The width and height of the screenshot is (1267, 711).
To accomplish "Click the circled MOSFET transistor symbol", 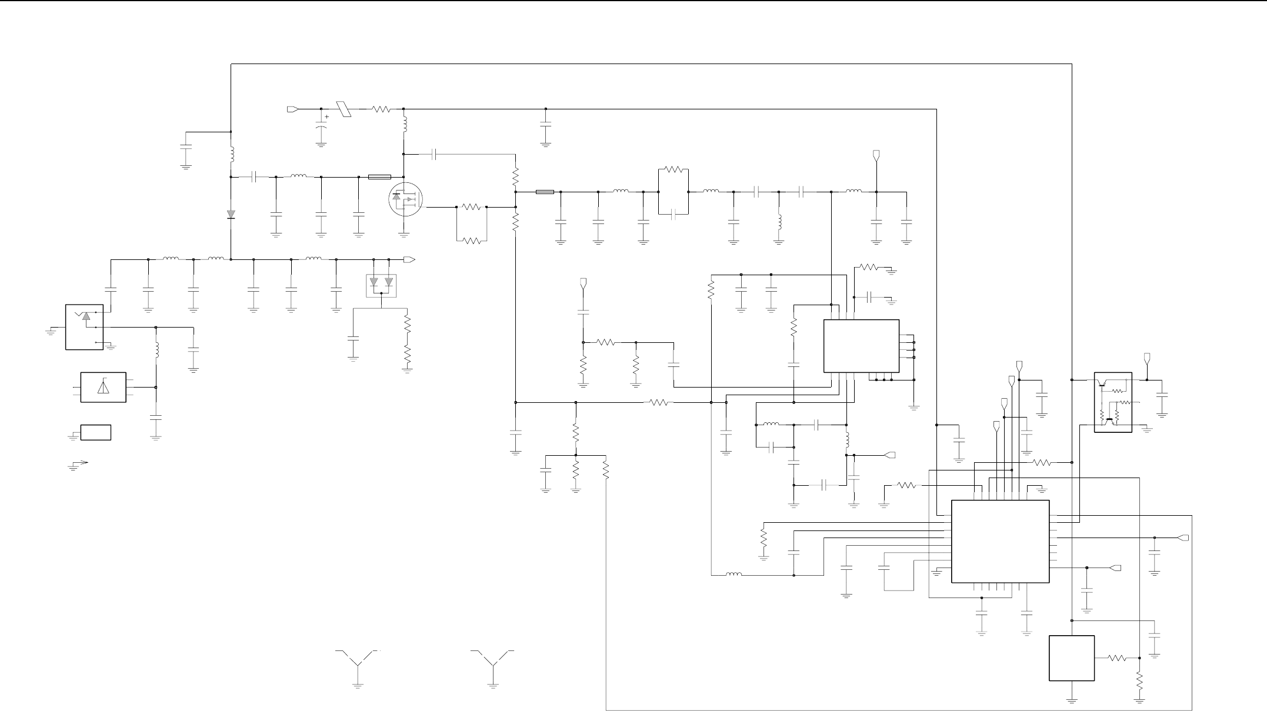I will click(405, 200).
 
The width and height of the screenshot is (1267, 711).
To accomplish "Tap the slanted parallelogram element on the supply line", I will click(343, 109).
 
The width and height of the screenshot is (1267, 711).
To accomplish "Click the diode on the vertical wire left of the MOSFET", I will click(231, 214).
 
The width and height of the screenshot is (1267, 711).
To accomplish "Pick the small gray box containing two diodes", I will click(381, 285).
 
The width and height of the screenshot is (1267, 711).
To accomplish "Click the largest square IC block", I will click(1000, 541).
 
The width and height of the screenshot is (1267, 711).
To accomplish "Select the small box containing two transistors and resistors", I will click(1113, 402).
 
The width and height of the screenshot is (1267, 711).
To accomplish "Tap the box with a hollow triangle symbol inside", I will click(103, 387).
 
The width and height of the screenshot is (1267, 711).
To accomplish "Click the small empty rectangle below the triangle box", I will click(96, 432).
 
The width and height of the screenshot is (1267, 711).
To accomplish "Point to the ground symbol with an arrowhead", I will click(77, 465).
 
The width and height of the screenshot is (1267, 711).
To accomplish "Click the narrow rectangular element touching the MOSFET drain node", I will click(379, 177).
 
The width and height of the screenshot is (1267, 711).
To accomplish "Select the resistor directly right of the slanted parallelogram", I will click(381, 109).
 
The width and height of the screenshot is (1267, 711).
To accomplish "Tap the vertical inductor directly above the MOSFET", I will click(405, 125).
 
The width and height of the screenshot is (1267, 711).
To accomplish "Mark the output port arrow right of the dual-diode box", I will click(410, 259).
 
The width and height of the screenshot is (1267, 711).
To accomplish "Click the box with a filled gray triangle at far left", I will click(84, 327).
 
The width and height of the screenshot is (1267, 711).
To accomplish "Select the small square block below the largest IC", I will click(1072, 658).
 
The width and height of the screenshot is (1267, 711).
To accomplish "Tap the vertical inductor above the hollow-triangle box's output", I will click(156, 350).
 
